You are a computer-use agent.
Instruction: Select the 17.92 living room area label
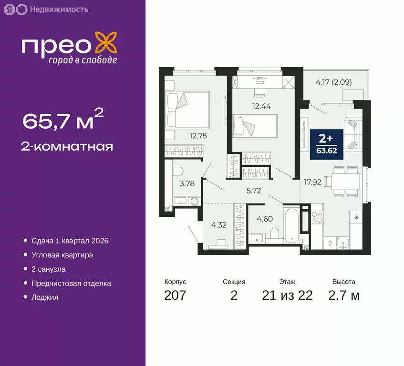point(312,182)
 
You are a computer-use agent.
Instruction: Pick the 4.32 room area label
point(218,225)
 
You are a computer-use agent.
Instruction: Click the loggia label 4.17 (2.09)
point(333,81)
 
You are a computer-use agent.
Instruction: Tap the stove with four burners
point(317,219)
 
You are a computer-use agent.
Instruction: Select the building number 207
point(175,295)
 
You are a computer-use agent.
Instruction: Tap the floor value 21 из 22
point(288,295)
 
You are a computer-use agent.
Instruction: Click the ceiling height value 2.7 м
point(343,295)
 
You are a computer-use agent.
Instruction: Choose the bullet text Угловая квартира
point(62,255)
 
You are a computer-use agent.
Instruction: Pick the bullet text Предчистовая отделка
point(71,284)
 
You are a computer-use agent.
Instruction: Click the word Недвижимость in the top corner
point(59,9)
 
